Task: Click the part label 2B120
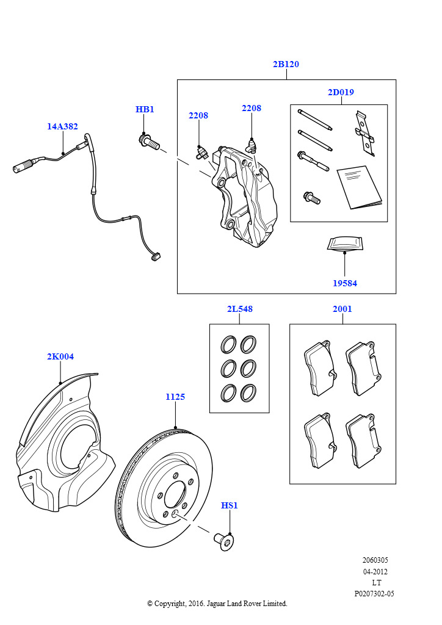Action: (286, 64)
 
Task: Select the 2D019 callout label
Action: (340, 92)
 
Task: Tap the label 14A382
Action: (62, 126)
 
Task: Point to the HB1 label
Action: (145, 109)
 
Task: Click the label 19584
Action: (345, 283)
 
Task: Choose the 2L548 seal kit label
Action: (239, 309)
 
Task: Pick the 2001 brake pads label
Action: (342, 309)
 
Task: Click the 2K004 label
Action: (60, 356)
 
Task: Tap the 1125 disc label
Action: (175, 397)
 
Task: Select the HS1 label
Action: (229, 505)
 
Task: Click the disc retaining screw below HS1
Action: (224, 541)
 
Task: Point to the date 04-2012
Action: (375, 572)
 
